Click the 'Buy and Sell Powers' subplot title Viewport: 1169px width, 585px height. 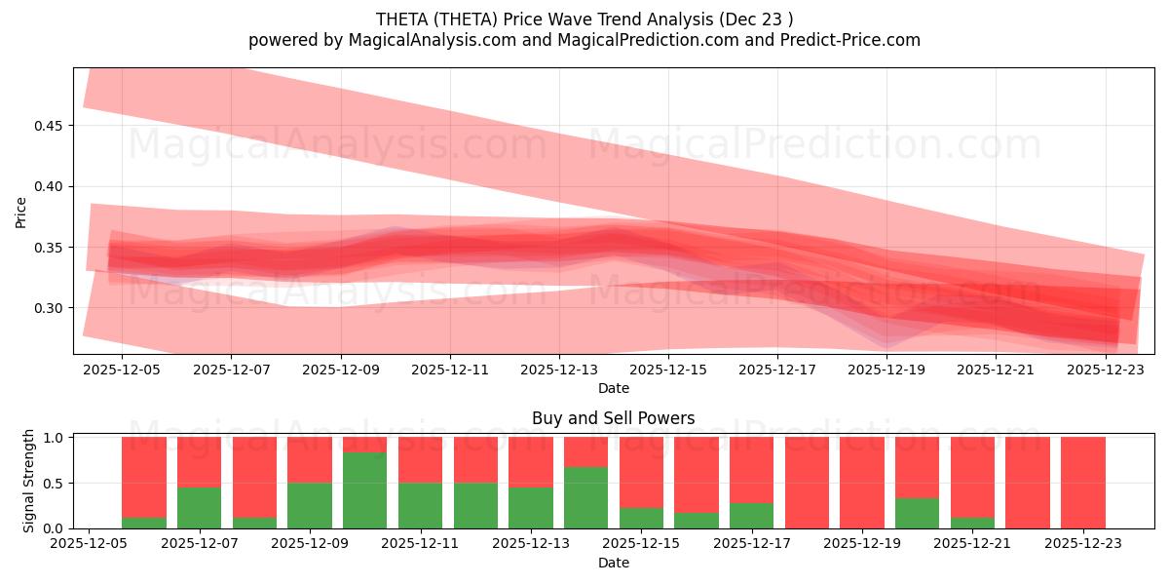614,418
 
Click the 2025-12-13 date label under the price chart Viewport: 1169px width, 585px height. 559,370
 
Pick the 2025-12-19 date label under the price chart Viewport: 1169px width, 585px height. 886,370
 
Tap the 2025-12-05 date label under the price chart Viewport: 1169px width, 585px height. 122,370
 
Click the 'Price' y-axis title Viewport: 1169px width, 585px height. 20,212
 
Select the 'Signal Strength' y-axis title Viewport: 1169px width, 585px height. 29,481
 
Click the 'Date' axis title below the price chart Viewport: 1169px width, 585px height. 614,388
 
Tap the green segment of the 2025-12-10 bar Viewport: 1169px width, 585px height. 364,490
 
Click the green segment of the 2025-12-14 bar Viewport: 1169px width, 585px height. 585,497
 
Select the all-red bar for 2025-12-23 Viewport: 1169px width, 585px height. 1083,483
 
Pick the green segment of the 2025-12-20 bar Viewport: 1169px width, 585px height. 917,513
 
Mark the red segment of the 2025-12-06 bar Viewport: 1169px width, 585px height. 144,476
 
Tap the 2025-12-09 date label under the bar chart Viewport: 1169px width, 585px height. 310,544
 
